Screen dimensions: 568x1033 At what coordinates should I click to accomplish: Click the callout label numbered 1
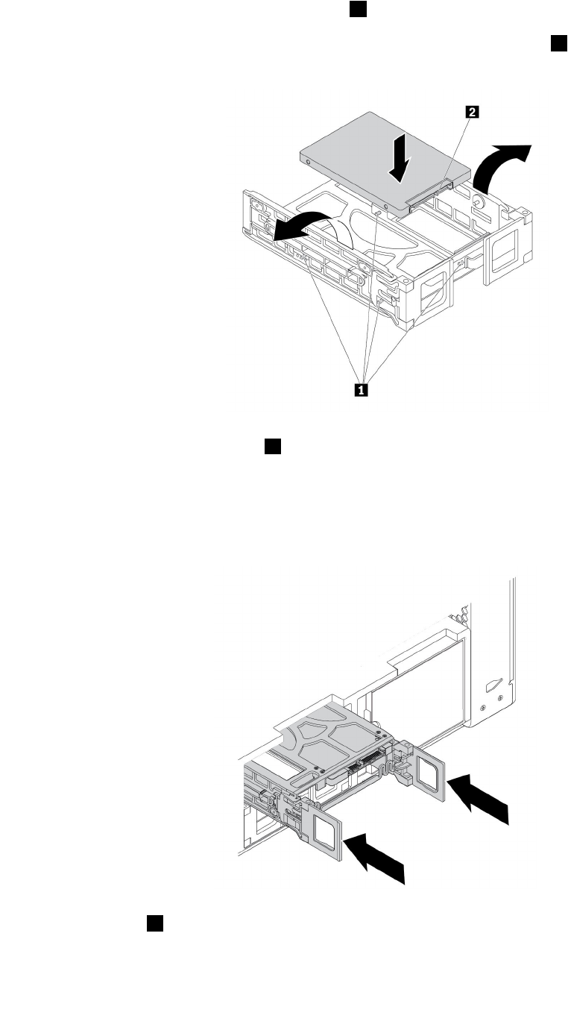363,389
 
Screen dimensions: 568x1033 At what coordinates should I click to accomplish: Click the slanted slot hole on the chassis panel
493,684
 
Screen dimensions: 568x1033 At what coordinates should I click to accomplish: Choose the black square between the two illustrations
272,446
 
